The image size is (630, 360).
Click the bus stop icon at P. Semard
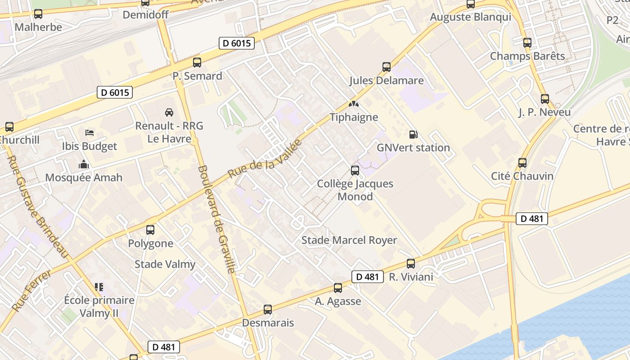[x=197, y=63]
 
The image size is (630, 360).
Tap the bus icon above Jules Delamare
[x=387, y=67]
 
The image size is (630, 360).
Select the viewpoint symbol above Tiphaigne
[x=354, y=104]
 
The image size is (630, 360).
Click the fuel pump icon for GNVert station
[x=413, y=134]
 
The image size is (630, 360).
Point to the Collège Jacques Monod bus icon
[x=355, y=171]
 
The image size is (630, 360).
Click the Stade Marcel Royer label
[x=349, y=240]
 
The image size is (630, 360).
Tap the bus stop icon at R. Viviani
[x=411, y=264]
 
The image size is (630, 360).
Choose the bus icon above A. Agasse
[x=338, y=288]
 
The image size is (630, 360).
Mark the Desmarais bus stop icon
[x=268, y=310]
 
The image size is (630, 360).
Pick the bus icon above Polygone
[x=150, y=230]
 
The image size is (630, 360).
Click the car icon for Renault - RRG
[x=169, y=112]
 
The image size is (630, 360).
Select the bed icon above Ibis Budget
[x=90, y=133]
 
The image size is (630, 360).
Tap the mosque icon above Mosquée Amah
[x=84, y=164]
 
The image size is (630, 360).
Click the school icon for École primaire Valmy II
[x=99, y=287]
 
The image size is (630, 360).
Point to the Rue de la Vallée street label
[x=264, y=159]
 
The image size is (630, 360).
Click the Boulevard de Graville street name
[x=216, y=219]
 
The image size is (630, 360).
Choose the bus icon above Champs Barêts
[x=527, y=43]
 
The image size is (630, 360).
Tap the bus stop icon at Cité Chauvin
[x=522, y=162]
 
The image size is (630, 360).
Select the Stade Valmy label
[x=165, y=264]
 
